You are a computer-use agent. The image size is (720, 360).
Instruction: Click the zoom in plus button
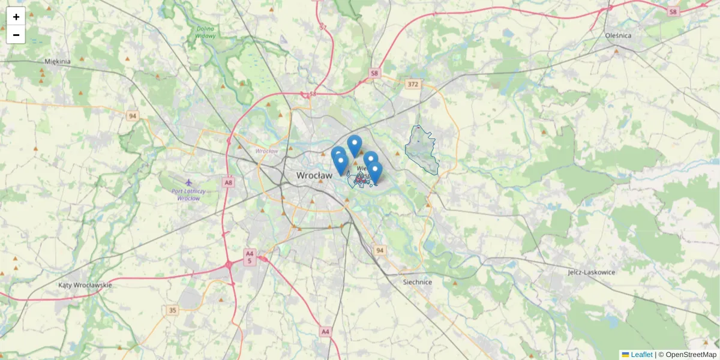pyautogui.click(x=16, y=17)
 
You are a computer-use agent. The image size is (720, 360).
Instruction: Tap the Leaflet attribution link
pyautogui.click(x=641, y=355)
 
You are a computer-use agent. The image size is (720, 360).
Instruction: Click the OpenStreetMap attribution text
pyautogui.click(x=691, y=355)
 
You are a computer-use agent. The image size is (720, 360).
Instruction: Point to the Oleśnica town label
pyautogui.click(x=619, y=35)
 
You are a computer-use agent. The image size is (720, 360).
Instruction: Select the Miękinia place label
pyautogui.click(x=58, y=61)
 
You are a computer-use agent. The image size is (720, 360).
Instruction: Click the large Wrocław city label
pyautogui.click(x=314, y=176)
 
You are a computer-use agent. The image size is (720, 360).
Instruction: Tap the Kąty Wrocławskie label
pyautogui.click(x=85, y=285)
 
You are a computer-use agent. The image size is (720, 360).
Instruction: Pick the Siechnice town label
pyautogui.click(x=418, y=282)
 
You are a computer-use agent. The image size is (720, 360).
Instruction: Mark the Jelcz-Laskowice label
pyautogui.click(x=592, y=272)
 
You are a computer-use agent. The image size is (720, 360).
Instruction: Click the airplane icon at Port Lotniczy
pyautogui.click(x=190, y=182)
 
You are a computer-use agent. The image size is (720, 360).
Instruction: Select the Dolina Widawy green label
pyautogui.click(x=205, y=32)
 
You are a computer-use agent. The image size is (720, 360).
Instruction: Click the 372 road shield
pyautogui.click(x=412, y=84)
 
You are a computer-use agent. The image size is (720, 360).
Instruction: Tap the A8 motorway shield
pyautogui.click(x=228, y=182)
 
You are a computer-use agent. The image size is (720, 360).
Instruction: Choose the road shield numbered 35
pyautogui.click(x=173, y=310)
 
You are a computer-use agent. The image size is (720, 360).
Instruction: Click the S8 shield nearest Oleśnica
pyautogui.click(x=673, y=11)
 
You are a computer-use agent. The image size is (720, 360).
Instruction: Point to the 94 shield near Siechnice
pyautogui.click(x=379, y=250)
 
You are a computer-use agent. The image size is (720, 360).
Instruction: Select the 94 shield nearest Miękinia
pyautogui.click(x=133, y=115)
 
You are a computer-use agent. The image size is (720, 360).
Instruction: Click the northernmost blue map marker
pyautogui.click(x=355, y=144)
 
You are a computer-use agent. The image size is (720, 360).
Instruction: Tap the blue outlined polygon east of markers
pyautogui.click(x=422, y=150)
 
